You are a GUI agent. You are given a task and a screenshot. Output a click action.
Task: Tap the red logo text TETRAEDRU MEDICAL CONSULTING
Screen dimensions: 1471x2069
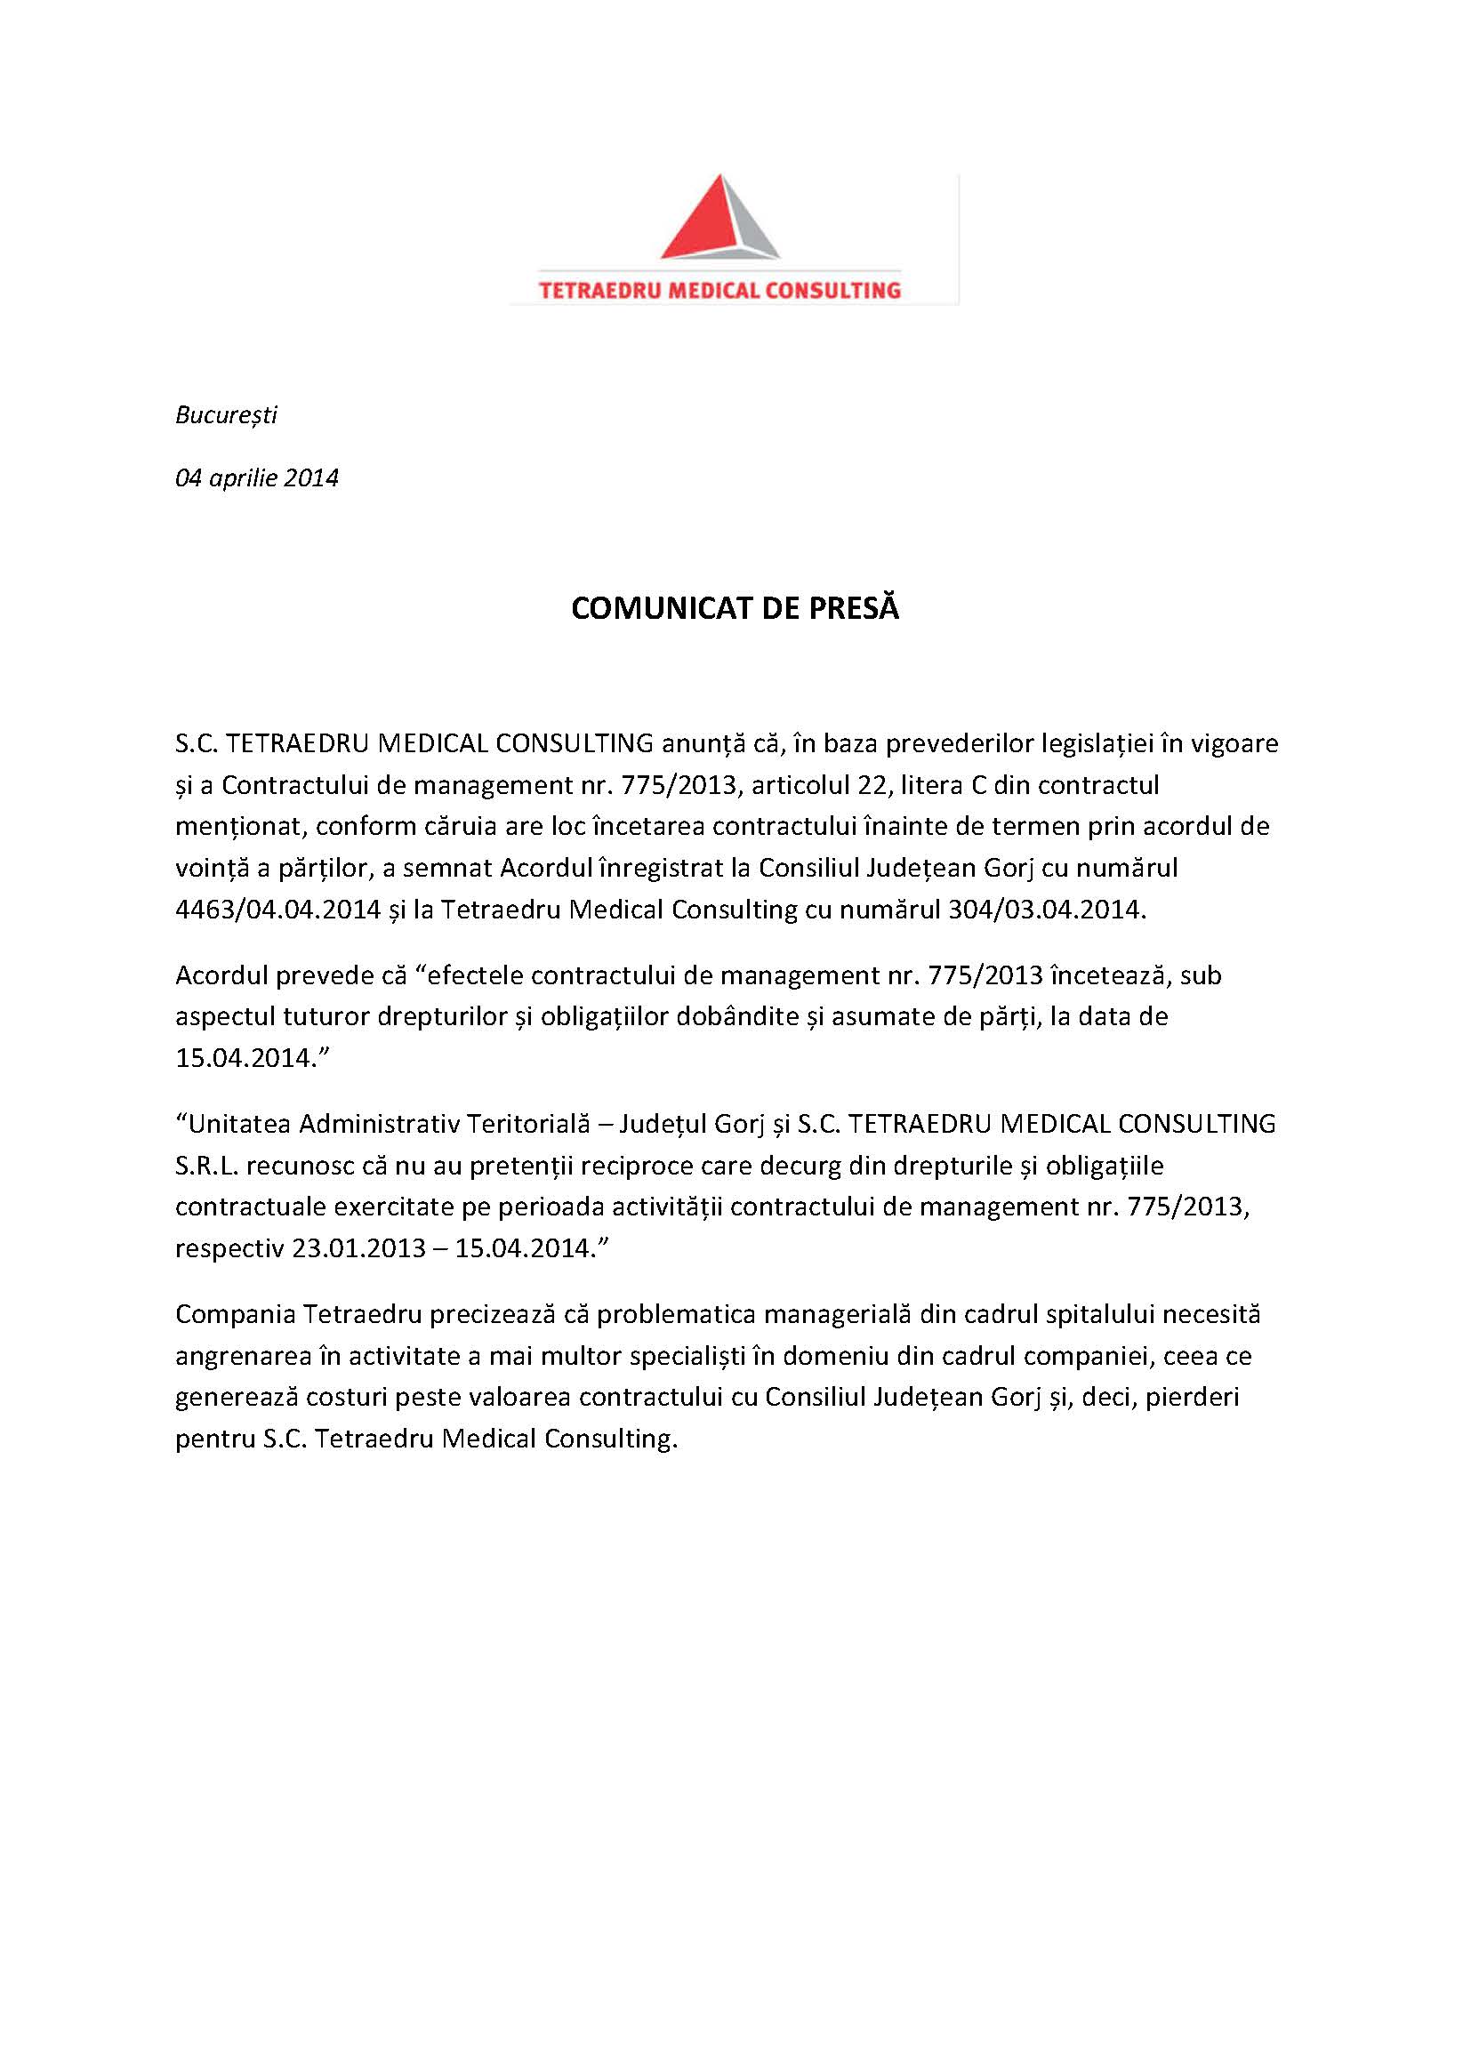point(719,291)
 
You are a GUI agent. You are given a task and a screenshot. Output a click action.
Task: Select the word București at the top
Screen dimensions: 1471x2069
point(226,415)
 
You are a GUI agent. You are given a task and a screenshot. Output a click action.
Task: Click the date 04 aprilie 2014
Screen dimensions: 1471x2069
point(256,478)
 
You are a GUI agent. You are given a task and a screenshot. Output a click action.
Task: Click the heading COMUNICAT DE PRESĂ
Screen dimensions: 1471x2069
point(735,608)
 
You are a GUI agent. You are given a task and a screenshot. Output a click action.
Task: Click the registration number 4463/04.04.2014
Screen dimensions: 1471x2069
point(277,910)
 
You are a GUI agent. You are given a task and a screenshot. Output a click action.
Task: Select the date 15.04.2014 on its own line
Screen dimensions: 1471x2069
point(244,1058)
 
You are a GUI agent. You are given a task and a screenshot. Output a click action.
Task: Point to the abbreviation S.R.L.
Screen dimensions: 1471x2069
point(205,1167)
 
